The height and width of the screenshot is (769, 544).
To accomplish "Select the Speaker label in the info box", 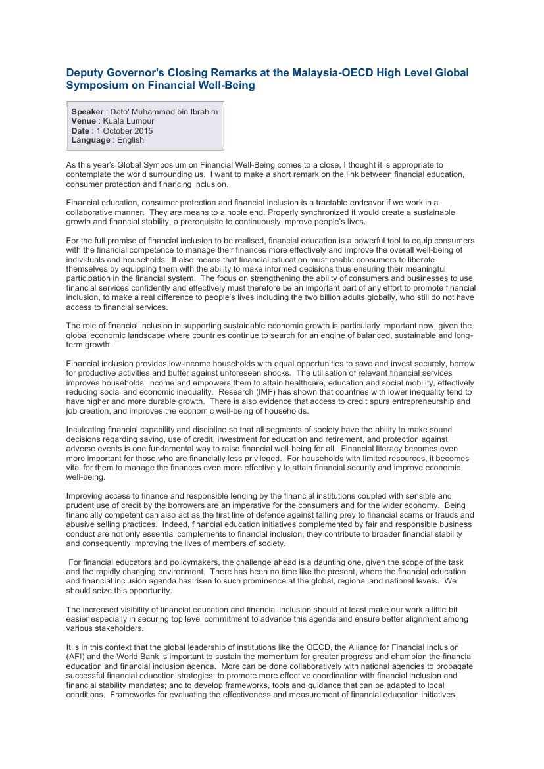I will pos(87,112).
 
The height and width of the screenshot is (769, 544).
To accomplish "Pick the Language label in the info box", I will pos(91,140).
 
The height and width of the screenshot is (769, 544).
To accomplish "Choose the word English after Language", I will pos(130,140).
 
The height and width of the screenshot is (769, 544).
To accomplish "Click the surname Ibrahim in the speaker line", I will pos(201,112).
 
